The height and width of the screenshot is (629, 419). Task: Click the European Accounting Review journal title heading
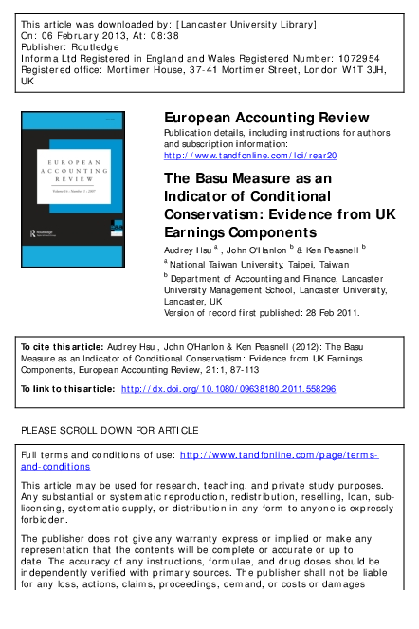(266, 118)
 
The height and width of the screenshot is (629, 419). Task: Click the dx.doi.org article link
(228, 389)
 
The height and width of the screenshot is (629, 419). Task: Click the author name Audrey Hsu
(187, 249)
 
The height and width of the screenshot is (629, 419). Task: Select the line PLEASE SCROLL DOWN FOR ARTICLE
(110, 430)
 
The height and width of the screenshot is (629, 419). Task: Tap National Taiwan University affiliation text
(242, 263)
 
